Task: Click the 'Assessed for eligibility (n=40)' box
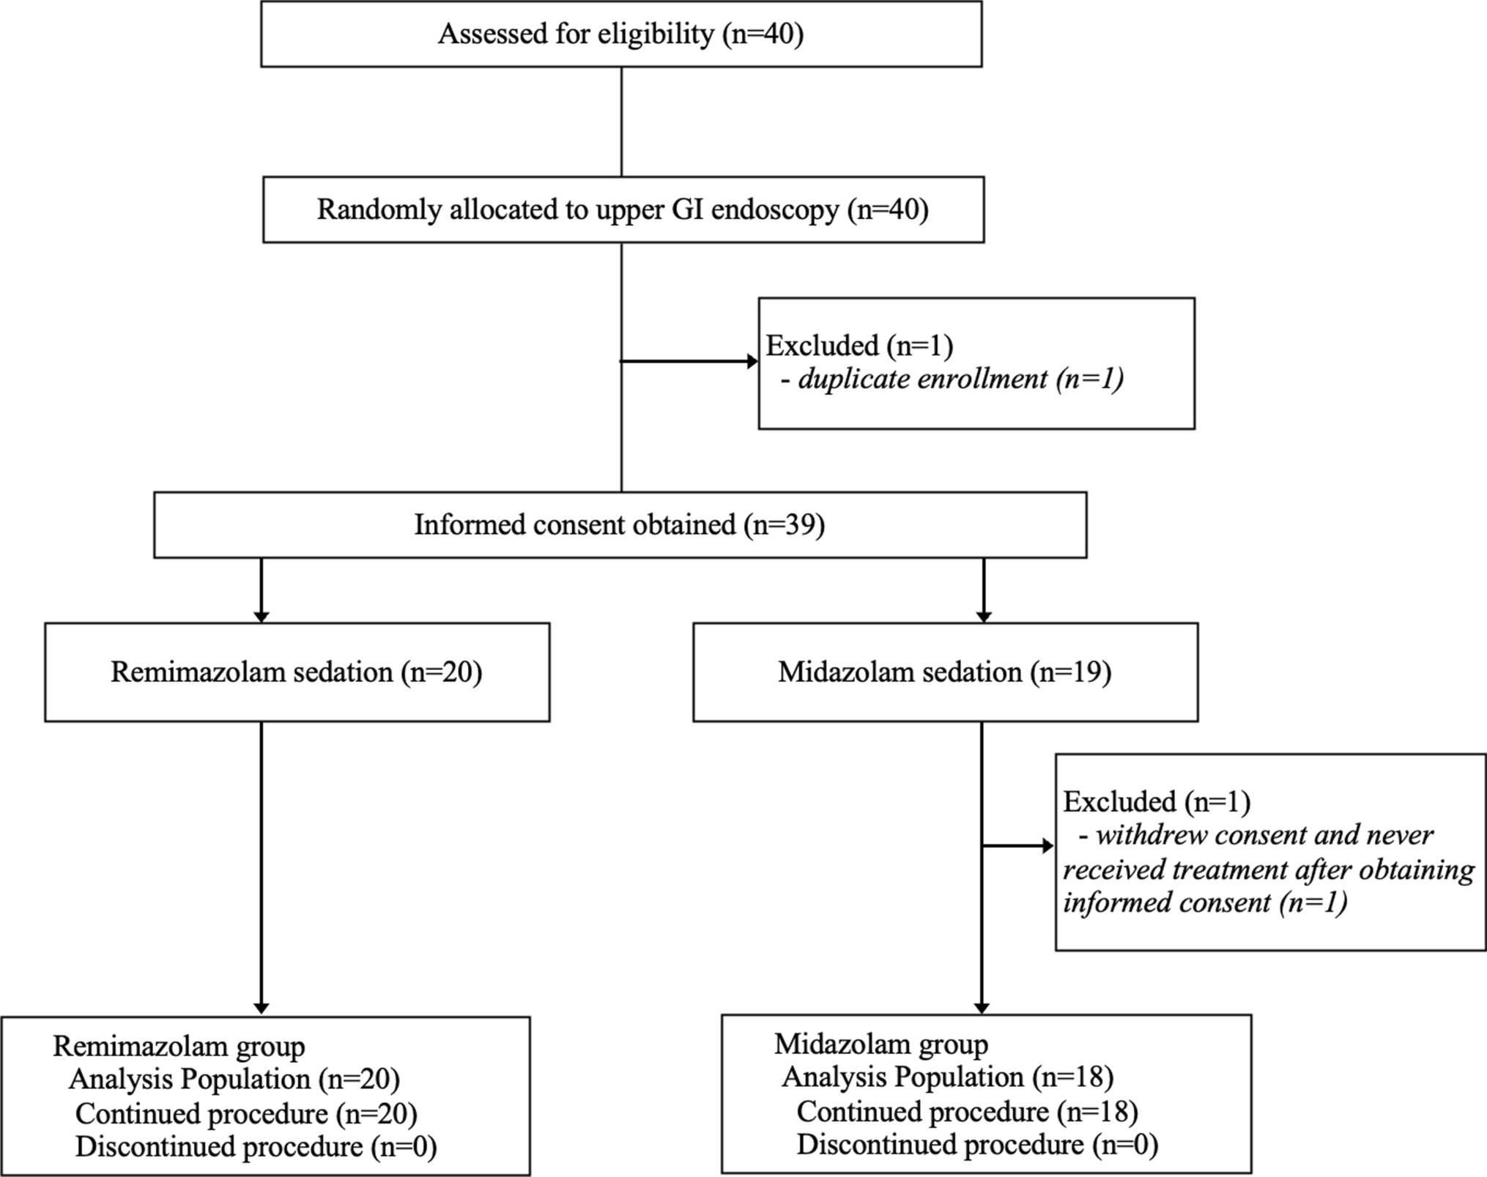click(621, 34)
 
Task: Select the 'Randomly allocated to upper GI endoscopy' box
click(623, 210)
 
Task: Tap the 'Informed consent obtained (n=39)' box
click(620, 525)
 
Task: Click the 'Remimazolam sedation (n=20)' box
click(297, 672)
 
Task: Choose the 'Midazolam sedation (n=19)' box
click(945, 672)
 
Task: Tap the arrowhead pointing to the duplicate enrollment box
click(752, 361)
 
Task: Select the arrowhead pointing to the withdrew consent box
click(1047, 847)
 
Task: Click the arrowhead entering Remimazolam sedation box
click(261, 616)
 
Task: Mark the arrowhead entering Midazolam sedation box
click(984, 616)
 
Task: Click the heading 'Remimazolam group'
click(179, 1046)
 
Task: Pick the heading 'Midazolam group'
click(881, 1044)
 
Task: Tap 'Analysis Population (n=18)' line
click(948, 1077)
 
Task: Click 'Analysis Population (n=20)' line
click(234, 1080)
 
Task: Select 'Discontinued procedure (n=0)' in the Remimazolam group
click(256, 1147)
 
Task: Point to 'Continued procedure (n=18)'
click(967, 1112)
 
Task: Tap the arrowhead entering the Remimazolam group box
click(261, 1009)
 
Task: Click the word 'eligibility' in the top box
click(656, 34)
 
